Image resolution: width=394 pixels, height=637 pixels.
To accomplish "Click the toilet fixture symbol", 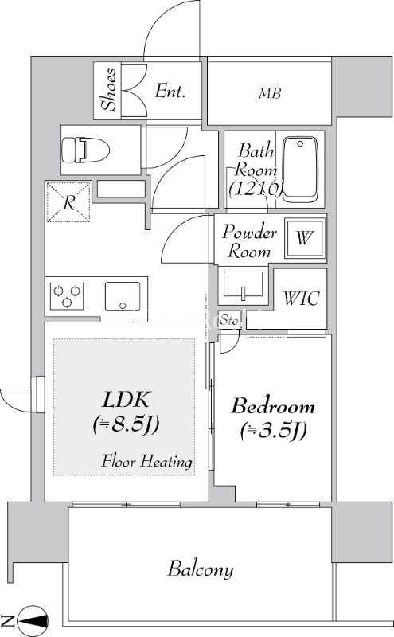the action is click(86, 150).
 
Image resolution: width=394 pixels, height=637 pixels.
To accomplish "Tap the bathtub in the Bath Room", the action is click(300, 170).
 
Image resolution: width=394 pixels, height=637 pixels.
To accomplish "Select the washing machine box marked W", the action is click(305, 238).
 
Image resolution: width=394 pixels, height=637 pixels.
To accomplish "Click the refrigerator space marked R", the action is click(68, 201).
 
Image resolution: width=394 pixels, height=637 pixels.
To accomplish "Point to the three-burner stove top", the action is click(67, 296).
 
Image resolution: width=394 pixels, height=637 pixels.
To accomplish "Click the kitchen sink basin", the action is click(123, 296).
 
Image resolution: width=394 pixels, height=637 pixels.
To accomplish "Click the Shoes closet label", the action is click(109, 90).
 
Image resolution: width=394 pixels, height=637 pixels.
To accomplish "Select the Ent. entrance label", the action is click(170, 91).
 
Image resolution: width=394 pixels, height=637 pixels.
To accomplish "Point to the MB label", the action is click(270, 93).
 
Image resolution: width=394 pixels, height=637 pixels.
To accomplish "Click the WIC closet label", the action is click(301, 299).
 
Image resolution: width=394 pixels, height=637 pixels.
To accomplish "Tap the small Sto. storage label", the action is click(229, 320).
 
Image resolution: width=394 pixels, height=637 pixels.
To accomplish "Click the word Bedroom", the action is click(273, 406).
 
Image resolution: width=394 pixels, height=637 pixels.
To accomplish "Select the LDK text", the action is click(127, 400).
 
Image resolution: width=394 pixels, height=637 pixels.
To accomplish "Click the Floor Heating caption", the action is click(146, 462).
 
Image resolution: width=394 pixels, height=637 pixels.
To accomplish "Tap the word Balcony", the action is click(201, 569).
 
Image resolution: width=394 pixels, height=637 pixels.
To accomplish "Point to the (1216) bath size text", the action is click(256, 188).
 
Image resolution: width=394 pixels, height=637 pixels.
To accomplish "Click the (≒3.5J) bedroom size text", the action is click(273, 431).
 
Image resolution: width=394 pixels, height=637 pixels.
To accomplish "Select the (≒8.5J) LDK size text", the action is click(126, 425).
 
